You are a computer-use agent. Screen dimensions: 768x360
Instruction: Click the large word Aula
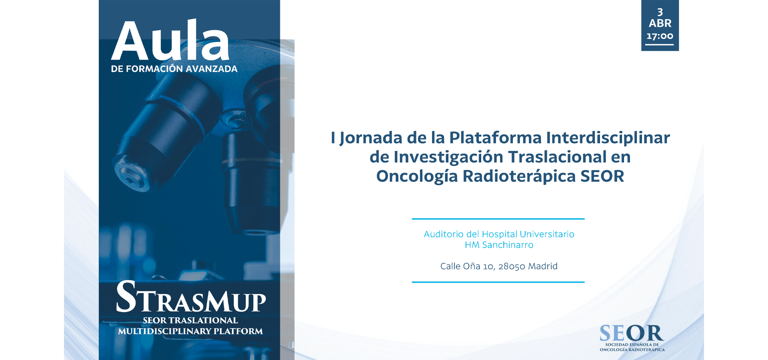point(170,40)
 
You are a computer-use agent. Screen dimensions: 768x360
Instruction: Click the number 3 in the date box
point(660,12)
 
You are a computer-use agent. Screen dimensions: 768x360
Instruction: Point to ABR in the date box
point(660,23)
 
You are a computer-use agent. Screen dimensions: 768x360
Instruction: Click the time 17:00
point(660,36)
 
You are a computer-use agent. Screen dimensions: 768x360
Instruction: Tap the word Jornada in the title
point(371,138)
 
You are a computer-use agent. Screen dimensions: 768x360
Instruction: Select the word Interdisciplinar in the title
point(608,138)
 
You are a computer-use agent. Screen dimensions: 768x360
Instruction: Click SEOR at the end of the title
point(602,176)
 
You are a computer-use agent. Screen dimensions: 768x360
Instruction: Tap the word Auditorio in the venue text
point(444,234)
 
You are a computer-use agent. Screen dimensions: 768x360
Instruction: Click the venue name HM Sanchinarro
point(499,245)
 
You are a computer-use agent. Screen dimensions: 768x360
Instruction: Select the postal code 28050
point(512,266)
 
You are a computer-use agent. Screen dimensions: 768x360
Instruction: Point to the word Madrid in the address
point(543,266)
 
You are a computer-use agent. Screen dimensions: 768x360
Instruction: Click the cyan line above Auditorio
point(498,219)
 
